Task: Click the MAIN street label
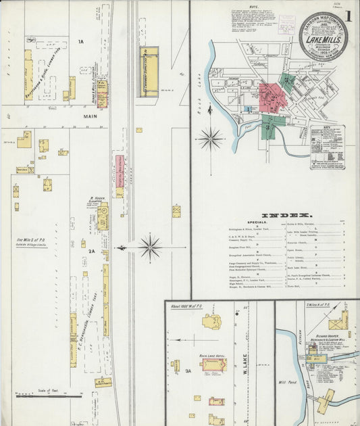click(91, 116)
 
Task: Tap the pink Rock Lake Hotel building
click(215, 365)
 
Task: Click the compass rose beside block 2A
click(149, 247)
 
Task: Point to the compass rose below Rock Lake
click(211, 139)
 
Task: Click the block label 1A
click(80, 43)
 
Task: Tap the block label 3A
click(188, 371)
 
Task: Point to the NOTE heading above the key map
click(253, 7)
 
